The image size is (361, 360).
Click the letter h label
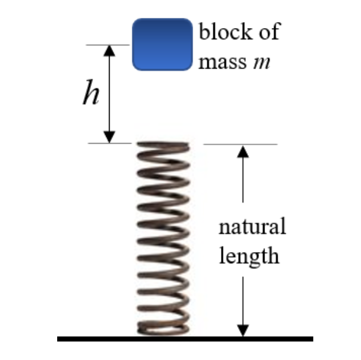pyautogui.click(x=91, y=94)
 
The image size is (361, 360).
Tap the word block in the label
pyautogui.click(x=223, y=32)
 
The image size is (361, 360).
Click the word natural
pyautogui.click(x=252, y=227)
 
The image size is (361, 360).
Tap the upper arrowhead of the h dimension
pyautogui.click(x=108, y=51)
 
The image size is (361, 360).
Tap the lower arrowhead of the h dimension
pyautogui.click(x=108, y=137)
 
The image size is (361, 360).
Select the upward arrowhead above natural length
pyautogui.click(x=242, y=151)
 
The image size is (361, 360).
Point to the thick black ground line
pyautogui.click(x=185, y=339)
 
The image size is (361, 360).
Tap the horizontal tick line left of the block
pyautogui.click(x=107, y=45)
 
